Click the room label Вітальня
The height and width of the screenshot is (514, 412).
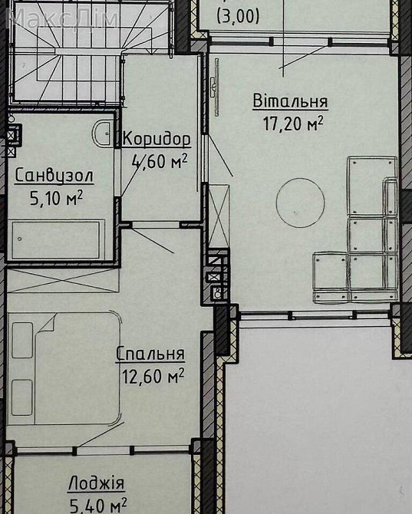(x=290, y=101)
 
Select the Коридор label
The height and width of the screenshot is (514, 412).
(x=156, y=140)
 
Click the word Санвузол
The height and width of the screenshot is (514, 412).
(x=54, y=176)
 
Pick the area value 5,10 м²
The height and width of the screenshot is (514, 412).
(x=56, y=197)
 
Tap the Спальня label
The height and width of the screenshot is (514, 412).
(x=150, y=354)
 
